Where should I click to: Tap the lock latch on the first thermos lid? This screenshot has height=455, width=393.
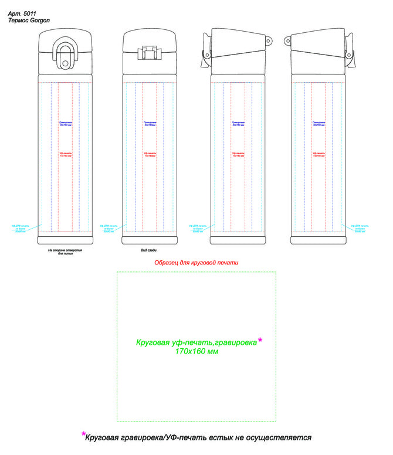click(65, 52)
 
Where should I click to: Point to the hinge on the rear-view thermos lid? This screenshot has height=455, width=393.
click(149, 53)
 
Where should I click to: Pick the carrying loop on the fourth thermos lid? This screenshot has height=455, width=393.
click(288, 40)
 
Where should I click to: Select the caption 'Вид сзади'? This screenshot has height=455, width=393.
click(148, 250)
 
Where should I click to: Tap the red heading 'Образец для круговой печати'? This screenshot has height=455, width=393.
click(196, 263)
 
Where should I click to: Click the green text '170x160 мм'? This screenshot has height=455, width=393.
click(196, 351)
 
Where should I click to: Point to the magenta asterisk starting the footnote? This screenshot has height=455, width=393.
click(84, 434)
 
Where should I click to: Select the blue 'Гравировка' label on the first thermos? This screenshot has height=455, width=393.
click(65, 124)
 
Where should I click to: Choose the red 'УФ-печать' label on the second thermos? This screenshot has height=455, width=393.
click(150, 154)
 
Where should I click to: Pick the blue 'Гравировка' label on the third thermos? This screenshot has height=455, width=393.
click(238, 124)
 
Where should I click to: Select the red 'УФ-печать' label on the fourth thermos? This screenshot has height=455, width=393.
click(319, 154)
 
